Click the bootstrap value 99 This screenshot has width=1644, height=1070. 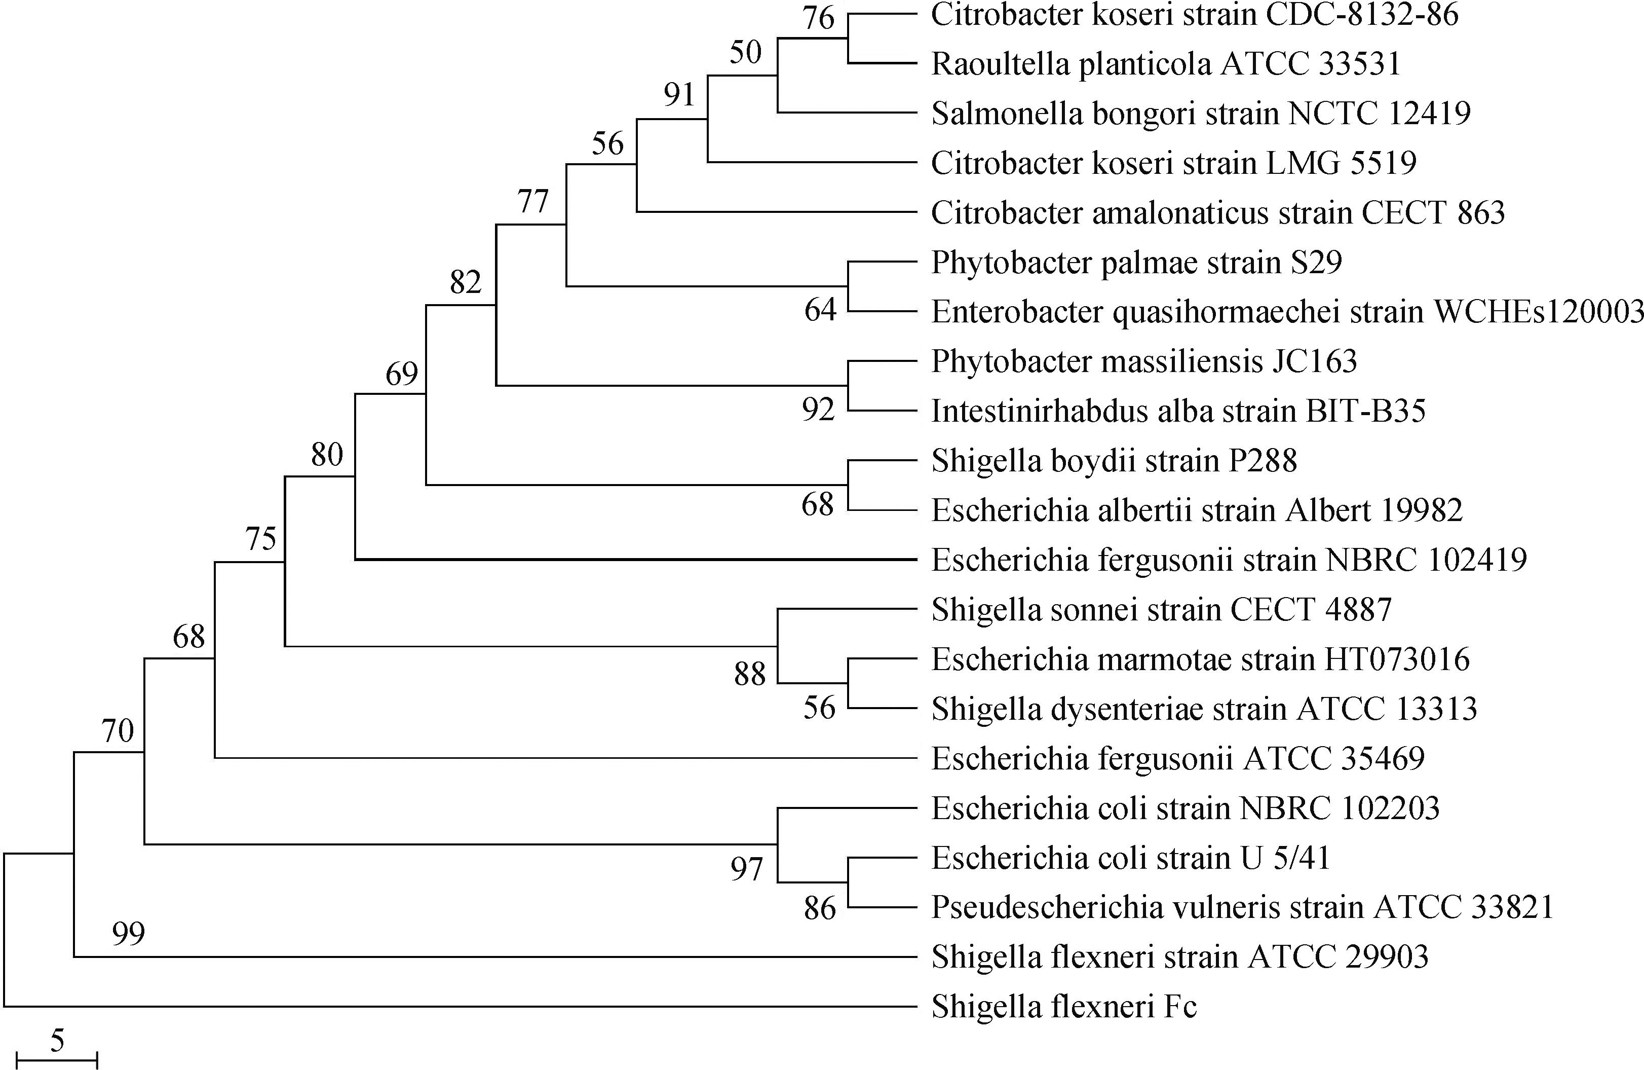pyautogui.click(x=129, y=933)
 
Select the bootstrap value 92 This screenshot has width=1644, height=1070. pyautogui.click(x=819, y=410)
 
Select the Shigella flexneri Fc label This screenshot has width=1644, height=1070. pyautogui.click(x=1064, y=1007)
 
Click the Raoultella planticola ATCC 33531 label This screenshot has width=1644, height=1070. pyautogui.click(x=1166, y=64)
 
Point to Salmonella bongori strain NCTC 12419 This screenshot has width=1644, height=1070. pyautogui.click(x=1201, y=114)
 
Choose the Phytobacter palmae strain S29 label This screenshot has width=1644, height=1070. pyautogui.click(x=1136, y=263)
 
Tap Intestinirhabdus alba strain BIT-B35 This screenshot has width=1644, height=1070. pyautogui.click(x=1178, y=411)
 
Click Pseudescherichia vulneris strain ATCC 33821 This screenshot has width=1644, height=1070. pyautogui.click(x=1242, y=907)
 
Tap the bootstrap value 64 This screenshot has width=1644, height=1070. pyautogui.click(x=820, y=310)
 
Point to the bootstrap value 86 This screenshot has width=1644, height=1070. pyautogui.click(x=820, y=908)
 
